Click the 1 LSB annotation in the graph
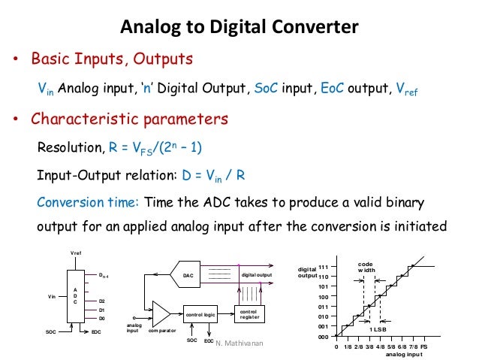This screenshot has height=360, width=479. (378, 329)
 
